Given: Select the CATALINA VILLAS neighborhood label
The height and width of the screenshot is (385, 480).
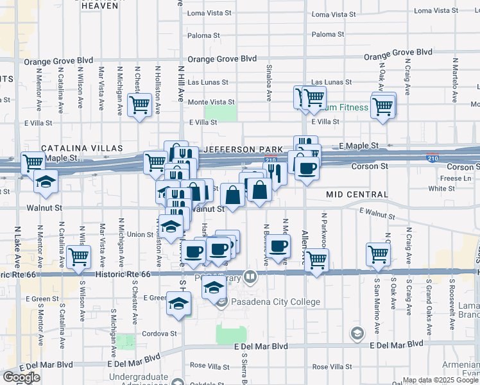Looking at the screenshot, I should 82,148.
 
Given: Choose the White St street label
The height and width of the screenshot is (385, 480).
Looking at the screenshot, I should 441,189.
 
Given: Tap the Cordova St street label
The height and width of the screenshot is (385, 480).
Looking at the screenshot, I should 159,334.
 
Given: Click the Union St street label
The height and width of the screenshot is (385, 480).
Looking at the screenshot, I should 140,234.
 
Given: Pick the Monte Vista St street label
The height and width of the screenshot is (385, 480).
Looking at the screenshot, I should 211,102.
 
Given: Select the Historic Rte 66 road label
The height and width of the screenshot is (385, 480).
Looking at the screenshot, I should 122,275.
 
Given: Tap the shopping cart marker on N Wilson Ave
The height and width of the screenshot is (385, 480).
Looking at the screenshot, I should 78,257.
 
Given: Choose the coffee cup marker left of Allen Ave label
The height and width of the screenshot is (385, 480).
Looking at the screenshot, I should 279,247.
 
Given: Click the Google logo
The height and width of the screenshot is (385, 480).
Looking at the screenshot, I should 21,378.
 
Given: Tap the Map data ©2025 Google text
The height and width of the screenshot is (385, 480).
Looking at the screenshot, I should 440,380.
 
